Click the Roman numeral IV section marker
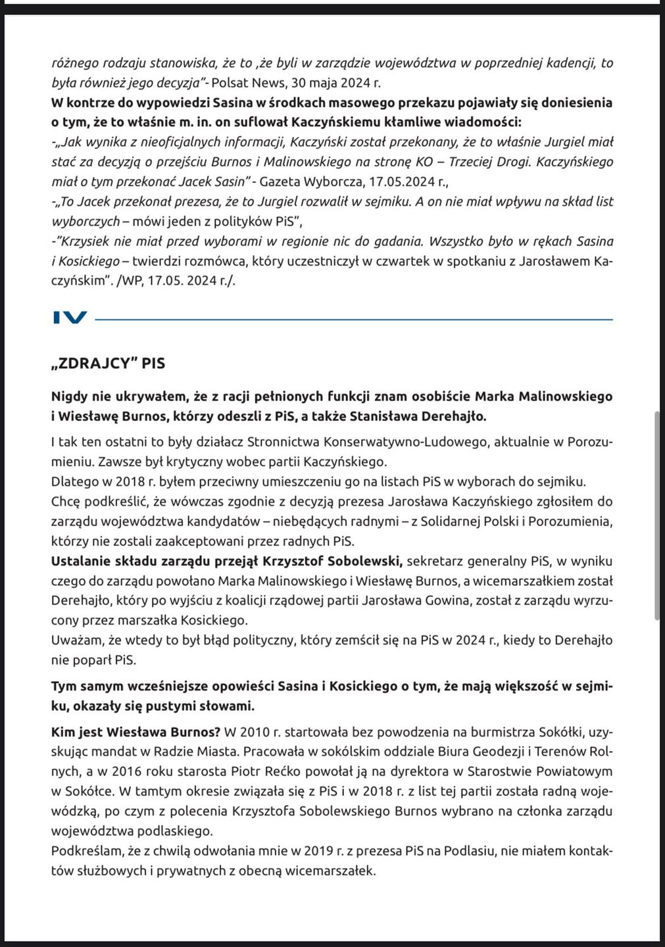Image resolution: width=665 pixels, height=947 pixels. click(70, 318)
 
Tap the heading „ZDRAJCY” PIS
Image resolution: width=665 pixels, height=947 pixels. click(109, 363)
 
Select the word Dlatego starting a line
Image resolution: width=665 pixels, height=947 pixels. click(73, 481)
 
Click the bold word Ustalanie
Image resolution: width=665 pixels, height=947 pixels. click(80, 561)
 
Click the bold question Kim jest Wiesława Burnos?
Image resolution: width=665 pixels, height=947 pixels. click(136, 732)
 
